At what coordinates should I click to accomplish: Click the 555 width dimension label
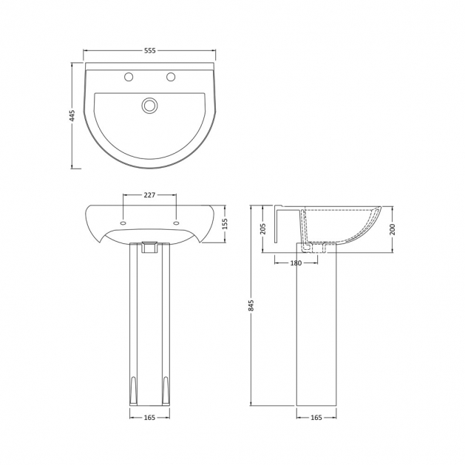(150, 51)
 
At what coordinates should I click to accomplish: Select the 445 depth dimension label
(72, 115)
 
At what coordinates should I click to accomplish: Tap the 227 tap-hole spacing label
(149, 195)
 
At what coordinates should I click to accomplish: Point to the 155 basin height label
(225, 224)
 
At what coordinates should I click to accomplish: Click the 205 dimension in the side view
(262, 228)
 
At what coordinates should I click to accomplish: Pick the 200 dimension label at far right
(393, 229)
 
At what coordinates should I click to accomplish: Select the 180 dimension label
(296, 263)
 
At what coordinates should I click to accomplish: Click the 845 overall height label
(251, 305)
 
